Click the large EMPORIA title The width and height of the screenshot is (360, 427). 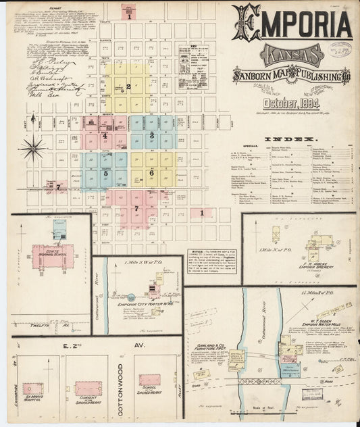tap(292, 25)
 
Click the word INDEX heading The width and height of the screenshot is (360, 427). tap(286, 139)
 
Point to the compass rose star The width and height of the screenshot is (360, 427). tap(32, 147)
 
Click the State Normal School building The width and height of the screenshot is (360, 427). tap(53, 258)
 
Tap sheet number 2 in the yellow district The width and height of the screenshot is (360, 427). tap(128, 86)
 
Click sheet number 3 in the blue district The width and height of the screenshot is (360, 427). tap(153, 135)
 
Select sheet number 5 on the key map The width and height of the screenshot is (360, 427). tap(105, 173)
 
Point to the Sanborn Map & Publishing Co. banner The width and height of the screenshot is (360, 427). tap(291, 76)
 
